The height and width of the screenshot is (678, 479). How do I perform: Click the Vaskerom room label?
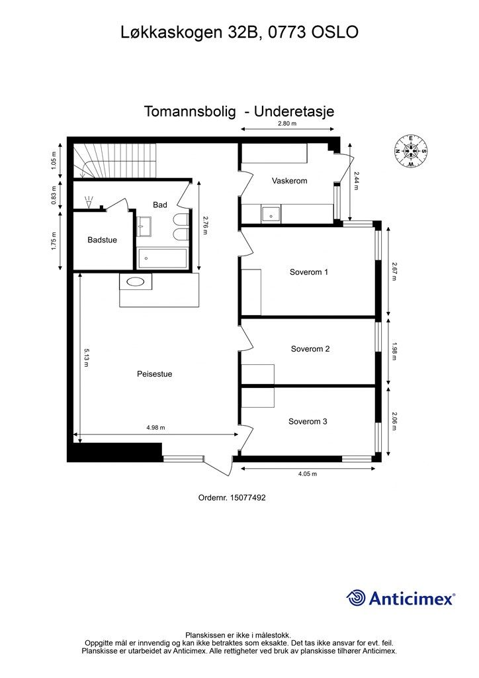[x=289, y=181]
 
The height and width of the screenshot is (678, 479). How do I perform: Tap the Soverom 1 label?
[x=308, y=272]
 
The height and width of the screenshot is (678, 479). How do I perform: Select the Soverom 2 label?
[x=310, y=349]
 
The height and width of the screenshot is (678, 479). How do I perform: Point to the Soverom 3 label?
[x=308, y=421]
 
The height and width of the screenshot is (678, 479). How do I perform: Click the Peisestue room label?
[x=154, y=374]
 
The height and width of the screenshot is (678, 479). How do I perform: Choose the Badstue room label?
[x=102, y=240]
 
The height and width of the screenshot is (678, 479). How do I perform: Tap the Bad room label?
[x=160, y=205]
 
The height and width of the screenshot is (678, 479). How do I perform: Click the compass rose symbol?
[x=411, y=150]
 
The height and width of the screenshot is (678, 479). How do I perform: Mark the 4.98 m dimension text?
[x=155, y=428]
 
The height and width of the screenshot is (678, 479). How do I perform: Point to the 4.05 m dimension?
[x=307, y=474]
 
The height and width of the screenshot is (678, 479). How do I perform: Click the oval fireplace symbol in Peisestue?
[x=136, y=281]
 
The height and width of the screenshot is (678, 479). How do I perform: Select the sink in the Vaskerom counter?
[x=270, y=214]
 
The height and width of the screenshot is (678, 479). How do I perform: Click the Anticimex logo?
[x=401, y=599]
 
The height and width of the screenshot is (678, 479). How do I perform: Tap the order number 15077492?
[x=232, y=498]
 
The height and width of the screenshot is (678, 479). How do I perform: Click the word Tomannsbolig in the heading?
[x=190, y=112]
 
